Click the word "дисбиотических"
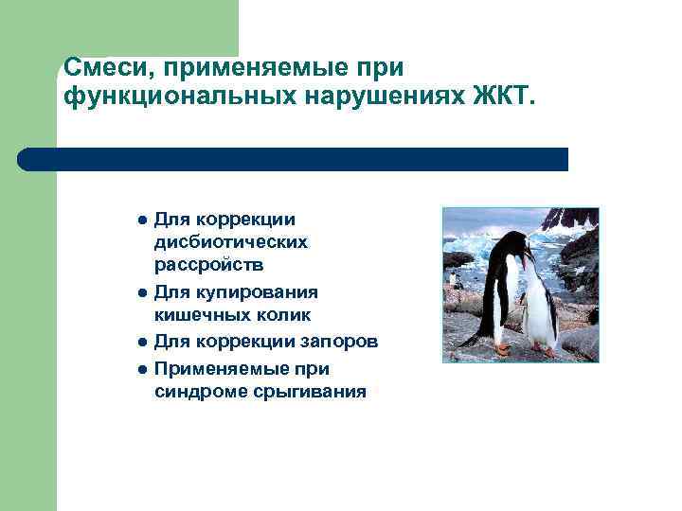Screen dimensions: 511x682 pos(231,242)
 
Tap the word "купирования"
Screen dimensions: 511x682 pos(250,291)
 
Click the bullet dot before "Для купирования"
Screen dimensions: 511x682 pos(140,292)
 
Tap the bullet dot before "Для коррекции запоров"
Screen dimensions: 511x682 pos(140,342)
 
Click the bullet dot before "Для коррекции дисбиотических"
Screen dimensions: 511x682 pos(140,219)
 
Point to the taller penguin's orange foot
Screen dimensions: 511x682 pos(502,349)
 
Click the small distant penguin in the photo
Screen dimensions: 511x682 pos(458,279)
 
